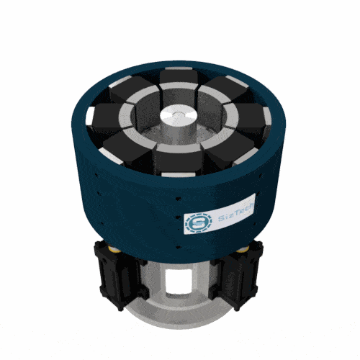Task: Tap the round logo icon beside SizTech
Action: coord(197,222)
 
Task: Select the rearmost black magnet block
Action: coord(176,78)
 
